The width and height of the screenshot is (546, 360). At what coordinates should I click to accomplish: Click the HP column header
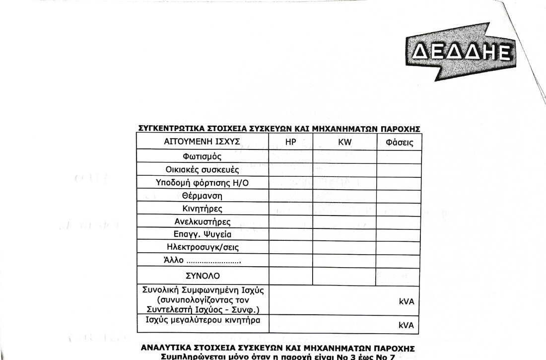pos(291,142)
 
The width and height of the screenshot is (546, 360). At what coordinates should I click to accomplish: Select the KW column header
pos(344,142)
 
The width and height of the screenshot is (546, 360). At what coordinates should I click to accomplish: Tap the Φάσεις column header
pos(399,143)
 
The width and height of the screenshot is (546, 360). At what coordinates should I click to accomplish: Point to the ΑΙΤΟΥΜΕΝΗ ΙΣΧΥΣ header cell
pos(202,142)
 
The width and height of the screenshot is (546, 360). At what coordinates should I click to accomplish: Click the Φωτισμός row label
pos(202,157)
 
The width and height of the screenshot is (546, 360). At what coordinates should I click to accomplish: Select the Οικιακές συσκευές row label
pos(202,170)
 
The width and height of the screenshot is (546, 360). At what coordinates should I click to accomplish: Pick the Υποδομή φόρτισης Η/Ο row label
pos(202,183)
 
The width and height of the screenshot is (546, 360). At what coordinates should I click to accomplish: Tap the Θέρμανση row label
pos(202,196)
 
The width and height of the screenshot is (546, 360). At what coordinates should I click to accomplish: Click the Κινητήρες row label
pos(202,209)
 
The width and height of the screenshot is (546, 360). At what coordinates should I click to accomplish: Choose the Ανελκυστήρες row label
pos(202,221)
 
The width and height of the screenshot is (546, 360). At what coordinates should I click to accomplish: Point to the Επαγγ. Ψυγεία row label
pos(202,234)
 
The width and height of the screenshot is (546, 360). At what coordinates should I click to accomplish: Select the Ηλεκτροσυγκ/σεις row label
pos(202,247)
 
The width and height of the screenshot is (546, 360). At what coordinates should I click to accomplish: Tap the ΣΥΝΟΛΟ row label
pos(202,276)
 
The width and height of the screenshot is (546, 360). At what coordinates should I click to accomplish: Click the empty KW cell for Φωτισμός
pos(344,157)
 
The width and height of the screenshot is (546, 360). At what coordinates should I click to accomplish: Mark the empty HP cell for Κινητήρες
pos(291,209)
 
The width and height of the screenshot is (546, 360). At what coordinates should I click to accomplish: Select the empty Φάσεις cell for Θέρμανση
pos(399,196)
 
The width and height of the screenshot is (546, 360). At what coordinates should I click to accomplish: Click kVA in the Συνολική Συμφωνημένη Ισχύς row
pos(406,301)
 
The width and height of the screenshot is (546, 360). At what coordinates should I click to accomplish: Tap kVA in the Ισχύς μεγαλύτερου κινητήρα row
pos(406,326)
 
